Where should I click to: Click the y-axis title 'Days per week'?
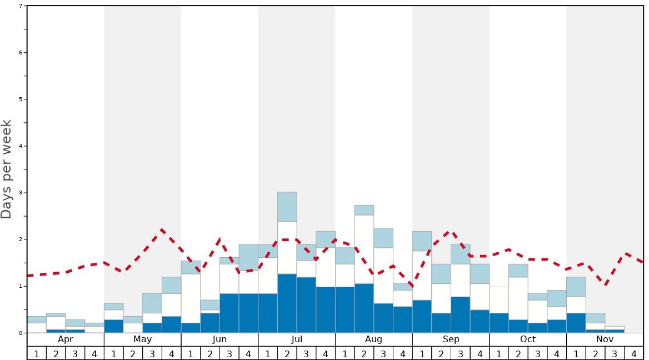tap(7, 169)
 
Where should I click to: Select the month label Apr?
tap(66, 339)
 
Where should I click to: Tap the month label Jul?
tap(297, 339)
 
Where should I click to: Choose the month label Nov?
tap(605, 339)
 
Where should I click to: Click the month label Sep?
tap(451, 339)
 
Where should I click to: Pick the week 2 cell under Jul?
tap(287, 353)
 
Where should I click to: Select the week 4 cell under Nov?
tap(634, 353)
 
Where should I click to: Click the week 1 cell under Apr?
tap(37, 353)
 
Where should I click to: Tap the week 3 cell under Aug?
tap(383, 353)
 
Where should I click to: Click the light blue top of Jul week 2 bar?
tap(287, 207)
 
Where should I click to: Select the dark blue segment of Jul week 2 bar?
tap(287, 303)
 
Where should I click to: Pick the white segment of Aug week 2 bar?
tap(364, 249)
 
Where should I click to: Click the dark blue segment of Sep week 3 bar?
tap(461, 315)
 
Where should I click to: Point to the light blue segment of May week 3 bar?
tap(152, 303)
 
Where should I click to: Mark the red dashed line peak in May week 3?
tap(161, 229)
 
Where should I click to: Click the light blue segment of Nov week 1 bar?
tap(576, 287)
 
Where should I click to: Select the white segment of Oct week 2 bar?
tap(518, 298)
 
